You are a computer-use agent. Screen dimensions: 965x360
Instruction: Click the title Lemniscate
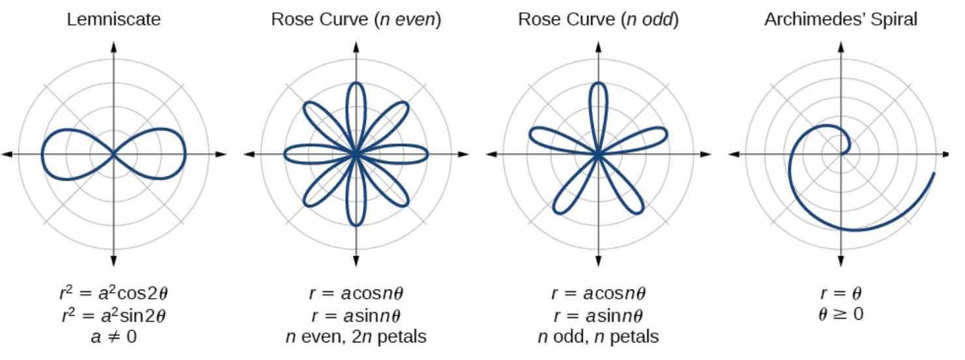(114, 20)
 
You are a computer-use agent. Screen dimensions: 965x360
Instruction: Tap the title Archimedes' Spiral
(841, 20)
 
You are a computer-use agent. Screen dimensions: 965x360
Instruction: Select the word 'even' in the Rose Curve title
(416, 20)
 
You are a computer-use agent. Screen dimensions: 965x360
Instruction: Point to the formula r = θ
(841, 292)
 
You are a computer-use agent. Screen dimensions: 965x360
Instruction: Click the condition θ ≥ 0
(841, 314)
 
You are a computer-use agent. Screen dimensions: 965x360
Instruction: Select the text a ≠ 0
(114, 337)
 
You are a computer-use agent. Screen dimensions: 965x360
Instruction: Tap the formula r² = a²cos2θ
(114, 292)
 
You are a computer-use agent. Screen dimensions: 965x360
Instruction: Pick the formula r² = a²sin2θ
(114, 314)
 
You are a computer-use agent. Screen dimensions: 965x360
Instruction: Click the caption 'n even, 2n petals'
(356, 337)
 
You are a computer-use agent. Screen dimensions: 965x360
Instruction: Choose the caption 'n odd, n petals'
(598, 337)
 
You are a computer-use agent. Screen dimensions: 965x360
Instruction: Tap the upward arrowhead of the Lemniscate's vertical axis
(114, 46)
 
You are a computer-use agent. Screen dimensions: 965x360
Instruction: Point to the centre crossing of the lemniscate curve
(114, 154)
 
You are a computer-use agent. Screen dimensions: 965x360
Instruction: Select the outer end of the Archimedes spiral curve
(934, 173)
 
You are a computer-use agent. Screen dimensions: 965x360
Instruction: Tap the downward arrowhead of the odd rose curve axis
(598, 262)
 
